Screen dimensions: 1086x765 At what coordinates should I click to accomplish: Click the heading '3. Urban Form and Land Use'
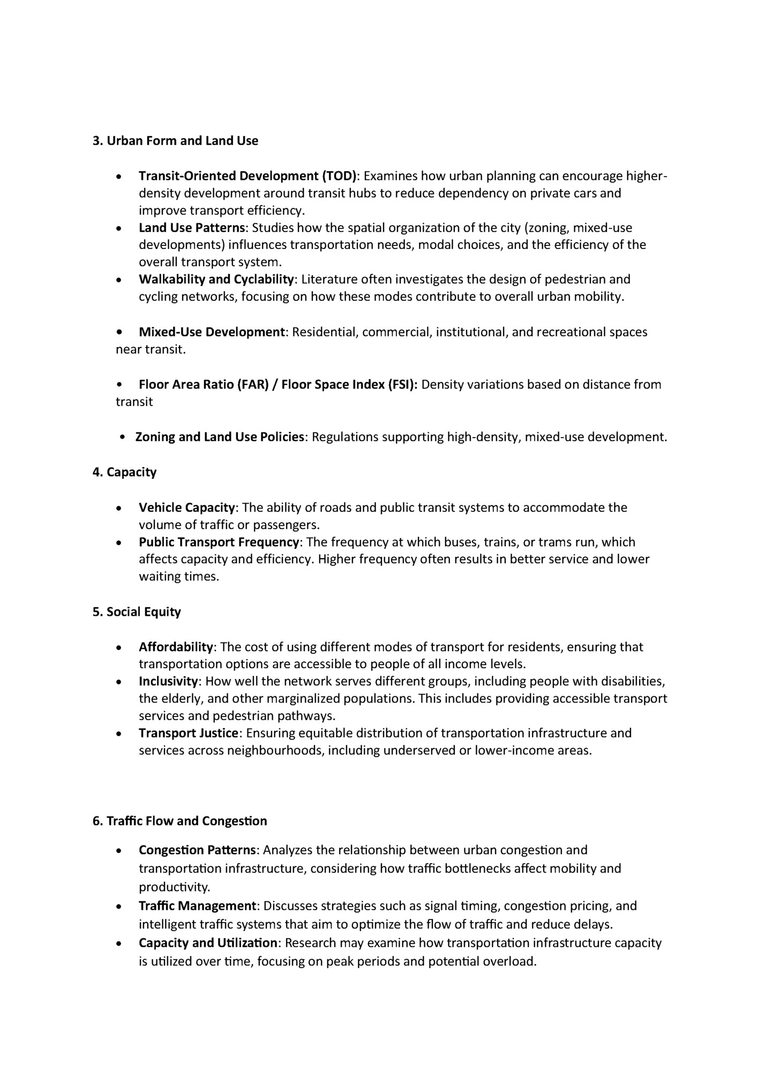coord(175,141)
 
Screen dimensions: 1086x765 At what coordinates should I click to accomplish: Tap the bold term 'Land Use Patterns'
coord(191,228)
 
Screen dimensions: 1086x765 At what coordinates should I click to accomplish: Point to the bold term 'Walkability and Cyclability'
coord(216,280)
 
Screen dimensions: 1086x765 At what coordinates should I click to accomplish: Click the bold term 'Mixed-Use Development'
coord(211,332)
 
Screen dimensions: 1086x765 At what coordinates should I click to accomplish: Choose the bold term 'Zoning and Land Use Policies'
coord(220,437)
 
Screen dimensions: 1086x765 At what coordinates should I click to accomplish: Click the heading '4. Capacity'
coord(124,472)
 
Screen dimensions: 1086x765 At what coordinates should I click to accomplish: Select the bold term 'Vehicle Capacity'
coord(186,508)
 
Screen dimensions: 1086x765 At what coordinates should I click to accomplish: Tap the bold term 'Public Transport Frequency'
coord(219,542)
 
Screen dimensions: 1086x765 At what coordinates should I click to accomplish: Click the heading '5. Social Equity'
coord(137,612)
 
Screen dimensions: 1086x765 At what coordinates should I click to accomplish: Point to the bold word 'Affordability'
coord(176,647)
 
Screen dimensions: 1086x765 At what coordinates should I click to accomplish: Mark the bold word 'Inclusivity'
coord(168,682)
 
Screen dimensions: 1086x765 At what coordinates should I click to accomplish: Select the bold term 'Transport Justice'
coord(188,733)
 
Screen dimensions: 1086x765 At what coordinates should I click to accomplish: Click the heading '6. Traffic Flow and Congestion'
coord(179,821)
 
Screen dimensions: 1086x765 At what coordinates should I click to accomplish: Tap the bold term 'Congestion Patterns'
coord(197,850)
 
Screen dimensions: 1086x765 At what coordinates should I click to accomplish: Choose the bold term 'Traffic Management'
coord(197,906)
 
